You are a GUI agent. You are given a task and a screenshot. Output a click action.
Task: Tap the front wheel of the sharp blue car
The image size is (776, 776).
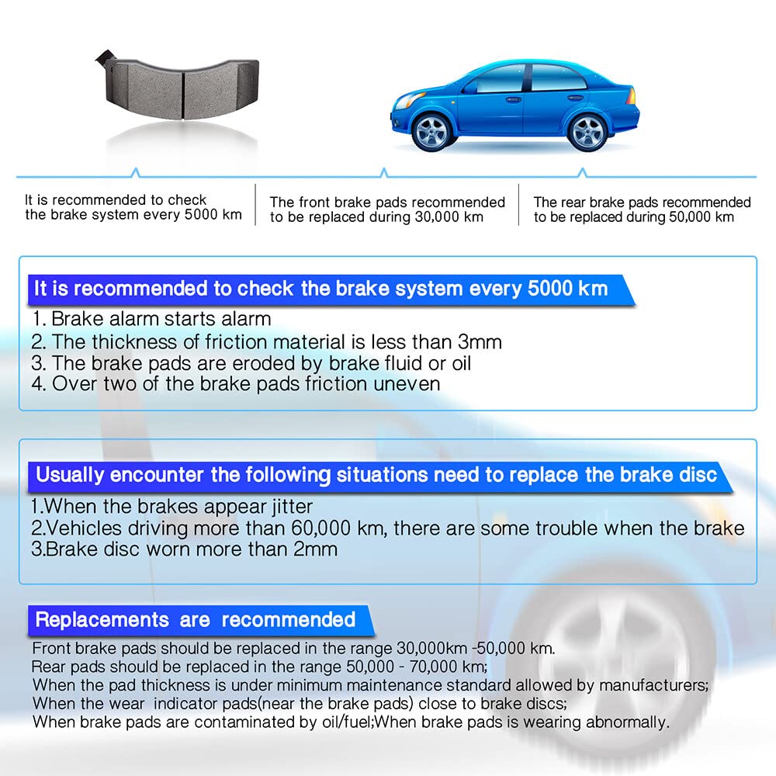(x=432, y=131)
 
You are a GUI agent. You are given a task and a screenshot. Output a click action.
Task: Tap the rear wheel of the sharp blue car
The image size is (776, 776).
(x=587, y=131)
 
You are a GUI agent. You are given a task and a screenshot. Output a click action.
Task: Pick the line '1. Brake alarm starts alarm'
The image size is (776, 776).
(x=151, y=318)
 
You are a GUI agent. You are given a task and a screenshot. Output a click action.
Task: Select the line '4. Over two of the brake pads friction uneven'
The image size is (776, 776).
(x=236, y=383)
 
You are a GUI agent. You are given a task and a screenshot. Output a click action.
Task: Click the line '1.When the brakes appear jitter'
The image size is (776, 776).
(x=171, y=507)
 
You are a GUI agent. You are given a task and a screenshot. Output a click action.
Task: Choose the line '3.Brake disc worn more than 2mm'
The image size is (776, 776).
(x=184, y=549)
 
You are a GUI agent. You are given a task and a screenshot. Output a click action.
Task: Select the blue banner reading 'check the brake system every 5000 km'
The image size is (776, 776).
(x=320, y=289)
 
